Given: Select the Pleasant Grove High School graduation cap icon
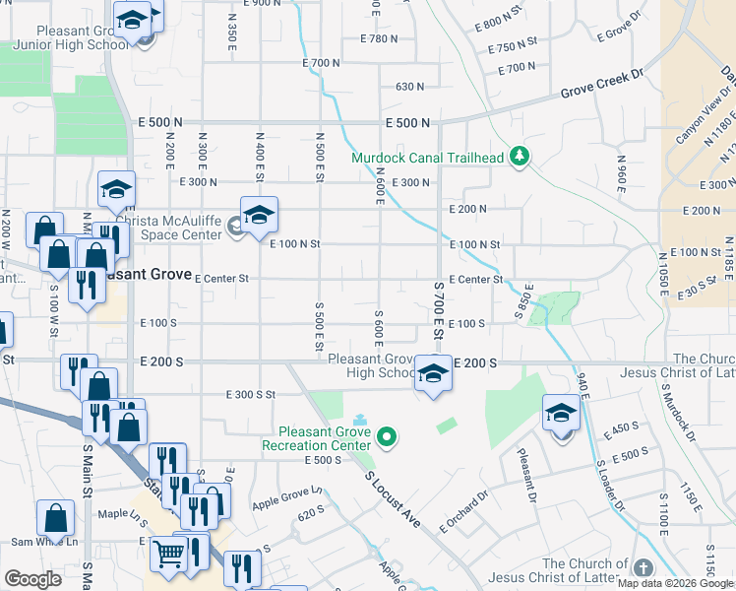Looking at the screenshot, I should pyautogui.click(x=432, y=374).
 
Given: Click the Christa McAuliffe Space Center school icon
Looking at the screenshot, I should pyautogui.click(x=259, y=215).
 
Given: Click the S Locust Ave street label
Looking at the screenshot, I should pyautogui.click(x=392, y=499).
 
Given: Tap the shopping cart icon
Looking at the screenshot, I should pyautogui.click(x=169, y=555).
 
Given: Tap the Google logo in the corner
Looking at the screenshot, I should pyautogui.click(x=32, y=579).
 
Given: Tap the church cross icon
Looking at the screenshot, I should pyautogui.click(x=643, y=568).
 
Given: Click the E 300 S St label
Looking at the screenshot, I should pyautogui.click(x=249, y=394).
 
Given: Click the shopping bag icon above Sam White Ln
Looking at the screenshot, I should pyautogui.click(x=56, y=518).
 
